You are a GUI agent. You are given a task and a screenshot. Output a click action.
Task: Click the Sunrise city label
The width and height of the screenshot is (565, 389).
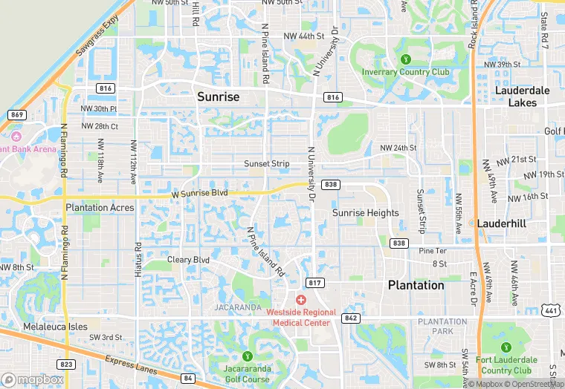[218, 97]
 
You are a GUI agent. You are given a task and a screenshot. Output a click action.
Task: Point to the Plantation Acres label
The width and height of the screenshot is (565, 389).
[100, 208]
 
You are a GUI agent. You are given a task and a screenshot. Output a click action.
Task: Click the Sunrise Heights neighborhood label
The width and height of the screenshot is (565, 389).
[365, 213]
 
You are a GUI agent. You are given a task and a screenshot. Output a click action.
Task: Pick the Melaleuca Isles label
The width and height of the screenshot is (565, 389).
[54, 327]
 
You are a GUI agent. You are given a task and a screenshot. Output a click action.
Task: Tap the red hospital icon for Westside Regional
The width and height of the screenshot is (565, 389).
[300, 300]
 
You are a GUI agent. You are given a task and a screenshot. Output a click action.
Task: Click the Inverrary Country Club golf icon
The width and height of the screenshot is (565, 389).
[405, 59]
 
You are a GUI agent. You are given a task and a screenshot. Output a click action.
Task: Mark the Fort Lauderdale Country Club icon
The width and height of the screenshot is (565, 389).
[506, 347]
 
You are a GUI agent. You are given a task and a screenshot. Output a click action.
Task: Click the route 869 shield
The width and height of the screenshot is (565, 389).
[17, 114]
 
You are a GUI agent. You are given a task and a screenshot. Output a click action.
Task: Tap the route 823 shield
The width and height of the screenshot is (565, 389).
[67, 364]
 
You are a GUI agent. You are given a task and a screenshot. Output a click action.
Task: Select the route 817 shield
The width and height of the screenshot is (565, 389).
[314, 283]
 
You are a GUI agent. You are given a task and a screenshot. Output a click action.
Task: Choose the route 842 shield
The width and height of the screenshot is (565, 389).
[351, 318]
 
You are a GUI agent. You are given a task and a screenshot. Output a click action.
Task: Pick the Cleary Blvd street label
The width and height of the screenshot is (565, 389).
[188, 261]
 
